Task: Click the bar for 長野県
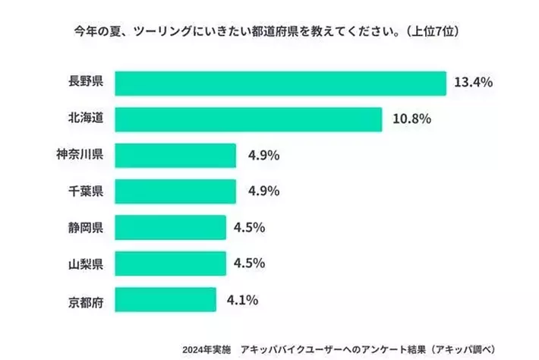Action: click(280, 84)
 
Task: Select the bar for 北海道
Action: click(247, 119)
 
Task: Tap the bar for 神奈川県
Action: click(175, 156)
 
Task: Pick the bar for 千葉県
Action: click(175, 191)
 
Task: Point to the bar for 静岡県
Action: click(170, 227)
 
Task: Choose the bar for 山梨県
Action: click(170, 264)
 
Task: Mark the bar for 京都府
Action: click(165, 299)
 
